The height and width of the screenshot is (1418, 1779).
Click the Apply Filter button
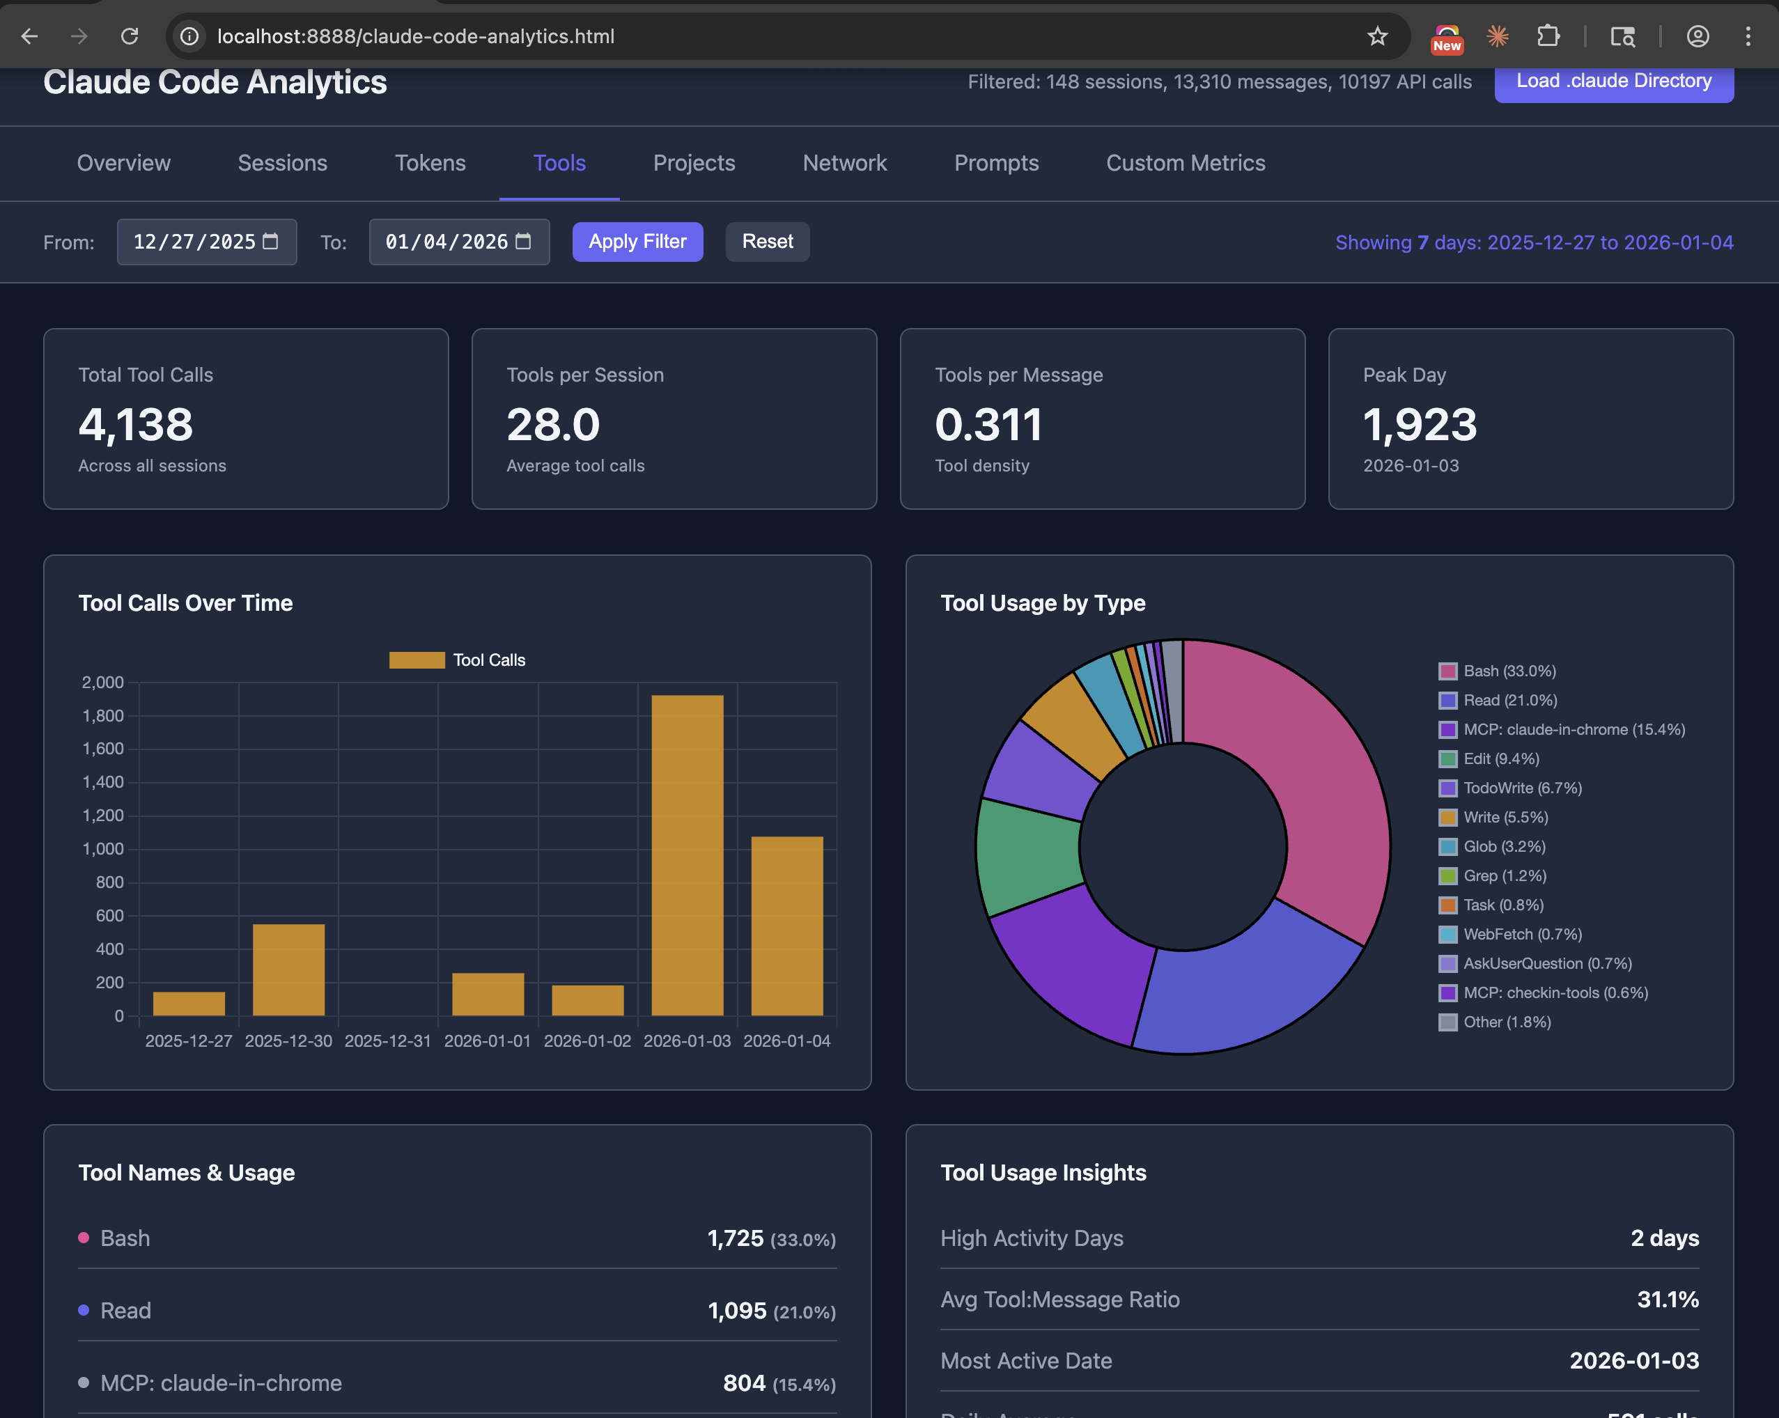click(x=637, y=242)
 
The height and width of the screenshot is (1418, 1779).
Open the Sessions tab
click(x=282, y=164)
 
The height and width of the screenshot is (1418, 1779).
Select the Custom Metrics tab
click(x=1185, y=164)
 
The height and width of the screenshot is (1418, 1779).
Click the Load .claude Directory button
click(x=1613, y=81)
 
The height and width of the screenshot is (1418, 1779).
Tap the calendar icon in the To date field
click(x=523, y=242)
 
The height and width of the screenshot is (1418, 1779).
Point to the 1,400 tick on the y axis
click(x=103, y=782)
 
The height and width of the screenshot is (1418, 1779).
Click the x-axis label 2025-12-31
click(x=388, y=1041)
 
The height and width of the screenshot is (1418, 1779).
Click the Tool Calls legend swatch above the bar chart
click(x=417, y=660)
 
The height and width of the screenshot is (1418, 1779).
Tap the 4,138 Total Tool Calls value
click(x=136, y=425)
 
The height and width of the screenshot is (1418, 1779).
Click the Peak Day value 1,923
click(x=1420, y=425)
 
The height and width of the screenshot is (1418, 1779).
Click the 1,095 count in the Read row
click(x=737, y=1311)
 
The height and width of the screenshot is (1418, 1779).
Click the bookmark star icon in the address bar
click(x=1377, y=36)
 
